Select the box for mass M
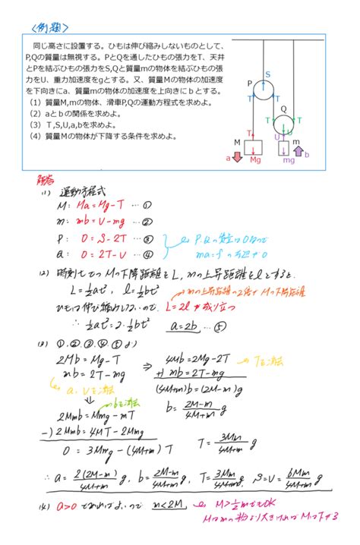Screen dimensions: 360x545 tap(254, 146)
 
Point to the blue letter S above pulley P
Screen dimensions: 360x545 tap(267, 74)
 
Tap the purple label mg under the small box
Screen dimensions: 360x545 tap(289, 161)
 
